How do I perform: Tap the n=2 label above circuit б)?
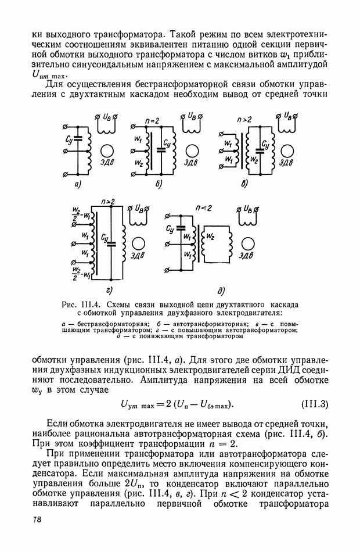click(x=153, y=121)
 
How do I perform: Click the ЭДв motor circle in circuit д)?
click(x=248, y=244)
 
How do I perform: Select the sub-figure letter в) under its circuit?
click(x=244, y=184)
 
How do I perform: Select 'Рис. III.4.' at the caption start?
click(x=87, y=304)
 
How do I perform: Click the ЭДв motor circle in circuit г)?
click(x=137, y=244)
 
